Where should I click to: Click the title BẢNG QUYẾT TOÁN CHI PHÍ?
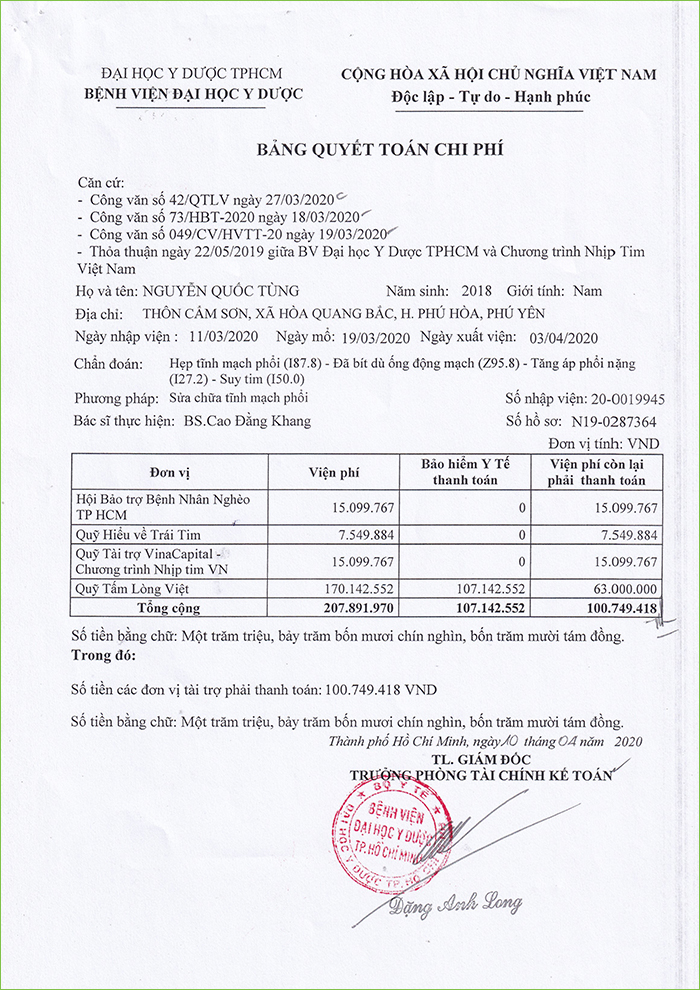[x=379, y=149]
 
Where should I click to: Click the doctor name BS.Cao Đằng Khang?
[x=247, y=421]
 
